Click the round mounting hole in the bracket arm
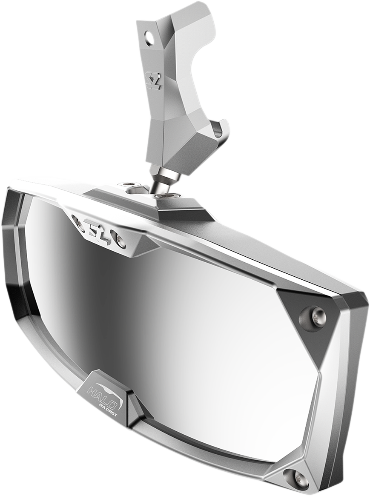click(x=149, y=38)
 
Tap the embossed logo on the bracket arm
click(x=154, y=80)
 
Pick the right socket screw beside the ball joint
click(x=166, y=196)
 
